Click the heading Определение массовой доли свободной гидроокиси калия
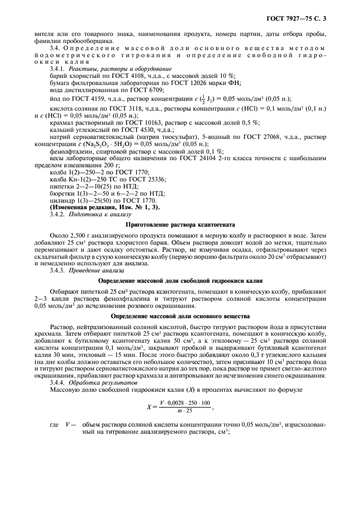180,281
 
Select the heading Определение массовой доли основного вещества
180,315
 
